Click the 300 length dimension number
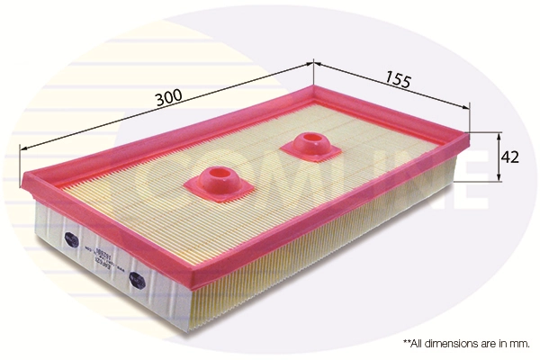coord(166,96)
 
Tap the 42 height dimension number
coord(510,157)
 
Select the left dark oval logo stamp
coord(71,238)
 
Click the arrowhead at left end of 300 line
coord(22,149)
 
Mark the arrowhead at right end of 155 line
coord(467,108)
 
